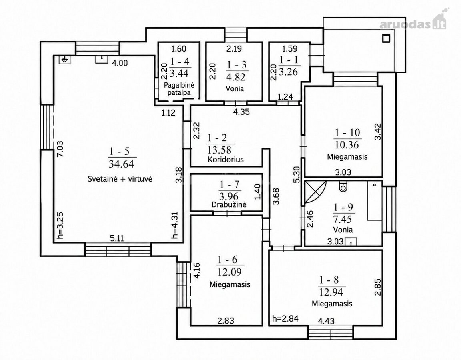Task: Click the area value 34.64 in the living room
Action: (x=121, y=164)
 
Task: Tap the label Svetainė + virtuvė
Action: (x=120, y=179)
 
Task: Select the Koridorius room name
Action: (x=226, y=159)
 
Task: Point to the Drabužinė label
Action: (x=229, y=204)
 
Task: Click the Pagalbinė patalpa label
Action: (x=179, y=89)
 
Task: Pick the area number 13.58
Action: (x=219, y=150)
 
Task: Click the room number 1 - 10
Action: (x=347, y=133)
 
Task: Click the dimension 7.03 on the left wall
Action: (x=60, y=149)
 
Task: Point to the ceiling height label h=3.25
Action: (x=60, y=226)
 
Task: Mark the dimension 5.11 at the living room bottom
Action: (x=117, y=238)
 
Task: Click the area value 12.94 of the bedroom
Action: (x=331, y=292)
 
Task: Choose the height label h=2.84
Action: (x=285, y=318)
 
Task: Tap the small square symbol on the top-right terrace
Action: (x=386, y=38)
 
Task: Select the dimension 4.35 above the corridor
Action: (x=241, y=112)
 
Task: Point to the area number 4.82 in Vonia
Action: (x=236, y=77)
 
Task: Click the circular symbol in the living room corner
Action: (x=65, y=60)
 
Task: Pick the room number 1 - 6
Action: (x=227, y=260)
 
